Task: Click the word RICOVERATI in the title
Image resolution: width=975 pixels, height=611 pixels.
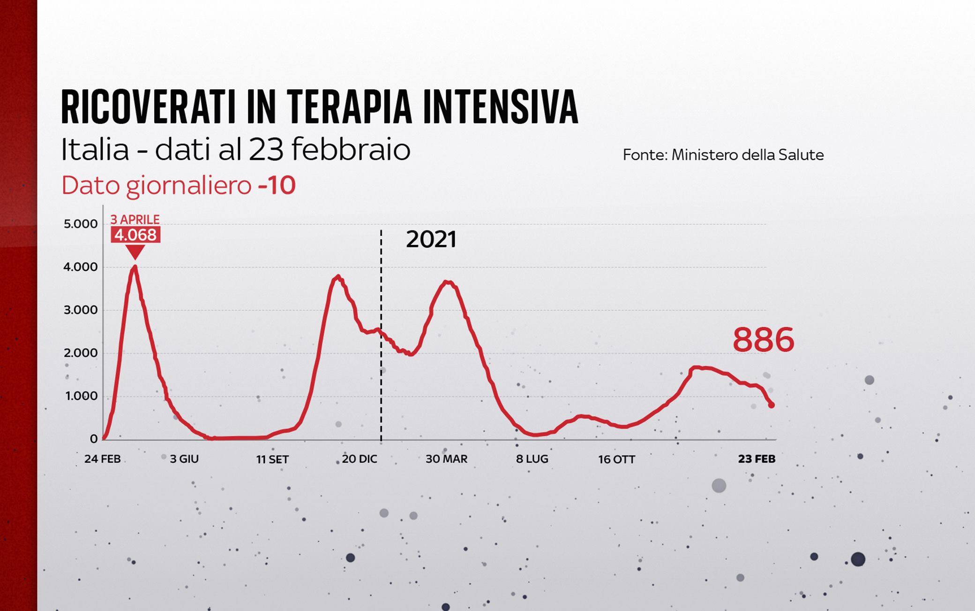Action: coord(148,107)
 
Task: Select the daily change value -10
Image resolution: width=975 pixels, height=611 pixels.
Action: coord(277,185)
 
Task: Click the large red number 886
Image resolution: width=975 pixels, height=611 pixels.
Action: coord(763,340)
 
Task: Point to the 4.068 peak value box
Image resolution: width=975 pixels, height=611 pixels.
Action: coord(135,235)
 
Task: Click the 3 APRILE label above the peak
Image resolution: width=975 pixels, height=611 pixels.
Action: coord(135,219)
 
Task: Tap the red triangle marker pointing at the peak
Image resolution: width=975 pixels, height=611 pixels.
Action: coord(135,252)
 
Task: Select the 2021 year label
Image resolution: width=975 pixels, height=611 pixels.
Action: coord(431,239)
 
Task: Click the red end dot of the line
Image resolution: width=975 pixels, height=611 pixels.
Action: coord(771,405)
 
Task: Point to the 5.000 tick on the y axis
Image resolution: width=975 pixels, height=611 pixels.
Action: coord(81,224)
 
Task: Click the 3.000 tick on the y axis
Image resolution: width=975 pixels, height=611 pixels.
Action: coord(81,310)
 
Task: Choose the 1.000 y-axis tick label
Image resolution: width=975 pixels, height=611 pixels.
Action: coord(81,396)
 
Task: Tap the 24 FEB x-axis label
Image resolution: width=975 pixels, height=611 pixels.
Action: coord(102,459)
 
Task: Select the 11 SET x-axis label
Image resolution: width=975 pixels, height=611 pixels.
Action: coord(272,459)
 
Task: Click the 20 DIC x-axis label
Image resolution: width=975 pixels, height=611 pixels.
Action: coord(359,459)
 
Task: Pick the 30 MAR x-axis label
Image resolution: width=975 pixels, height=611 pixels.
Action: coord(446,459)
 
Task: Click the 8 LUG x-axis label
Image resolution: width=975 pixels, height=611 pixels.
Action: coord(532,459)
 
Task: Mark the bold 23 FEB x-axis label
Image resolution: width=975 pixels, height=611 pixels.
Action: coord(757,459)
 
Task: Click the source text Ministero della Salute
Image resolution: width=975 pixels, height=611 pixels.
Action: coord(747,155)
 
